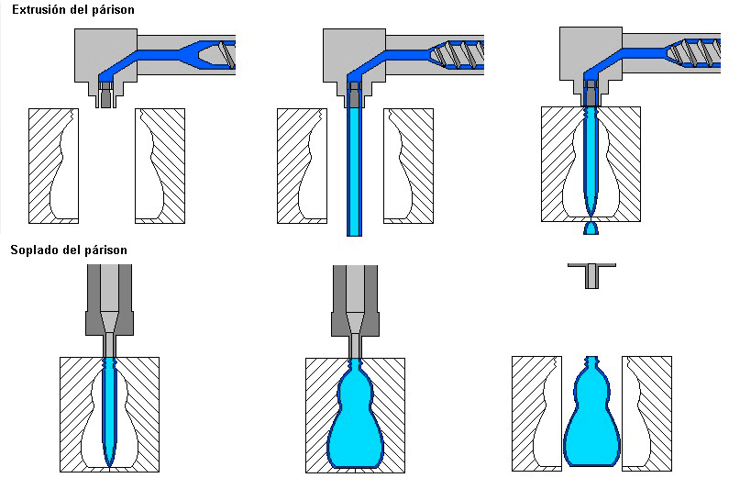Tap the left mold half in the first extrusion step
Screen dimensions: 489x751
(45, 165)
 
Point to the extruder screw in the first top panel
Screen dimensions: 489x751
(221, 52)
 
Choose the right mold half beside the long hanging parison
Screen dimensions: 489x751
(416, 165)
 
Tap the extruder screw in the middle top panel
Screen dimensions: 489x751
(463, 53)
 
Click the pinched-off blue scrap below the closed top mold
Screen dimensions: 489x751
(591, 226)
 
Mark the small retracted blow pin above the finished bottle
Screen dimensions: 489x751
(591, 272)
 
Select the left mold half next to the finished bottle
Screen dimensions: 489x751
(529, 413)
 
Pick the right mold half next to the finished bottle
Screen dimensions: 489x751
(653, 413)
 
